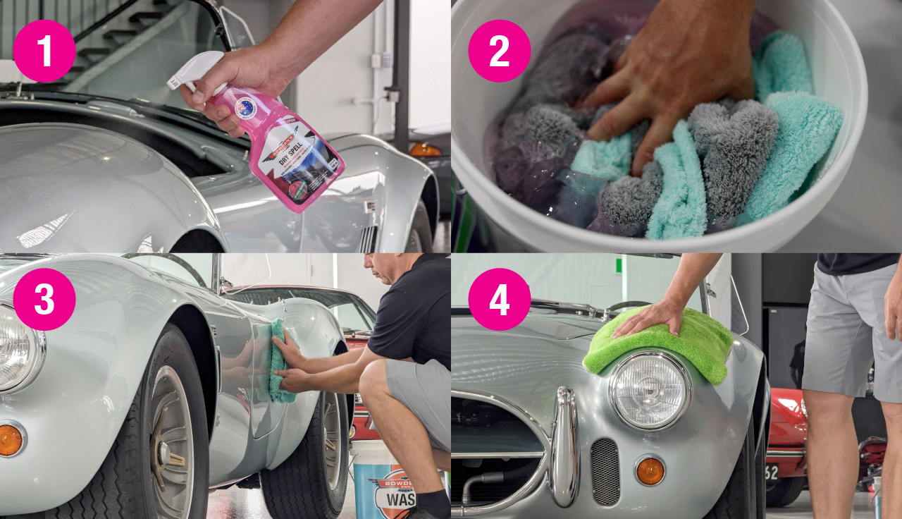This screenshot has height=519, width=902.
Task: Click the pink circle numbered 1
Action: coord(44,51)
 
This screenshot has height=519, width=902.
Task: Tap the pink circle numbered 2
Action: coord(499,51)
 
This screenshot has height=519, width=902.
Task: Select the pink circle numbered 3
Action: coord(44,299)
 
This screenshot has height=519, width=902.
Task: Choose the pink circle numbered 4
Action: coord(499,299)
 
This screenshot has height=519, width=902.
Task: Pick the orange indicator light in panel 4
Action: coord(649,470)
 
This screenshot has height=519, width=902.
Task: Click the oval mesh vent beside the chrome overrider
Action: coord(604,471)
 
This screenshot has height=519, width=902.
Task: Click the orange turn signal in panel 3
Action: coord(10,440)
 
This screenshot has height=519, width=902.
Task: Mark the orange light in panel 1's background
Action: coord(425,149)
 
